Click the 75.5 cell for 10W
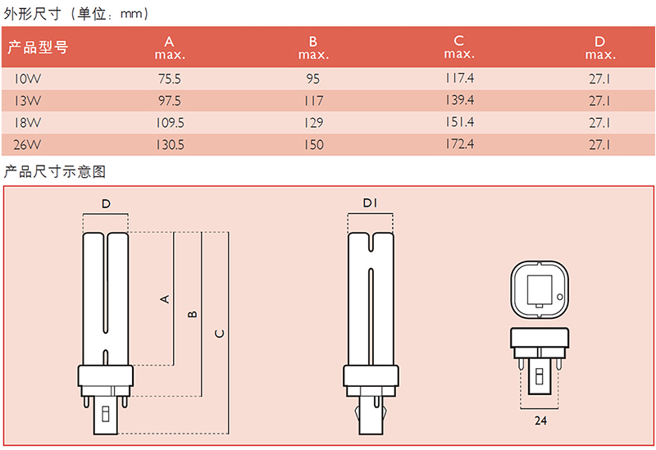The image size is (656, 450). [x=170, y=79]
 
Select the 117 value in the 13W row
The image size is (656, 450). [x=314, y=101]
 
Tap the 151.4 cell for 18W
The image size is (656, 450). [x=459, y=121]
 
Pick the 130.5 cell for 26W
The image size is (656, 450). [x=170, y=145]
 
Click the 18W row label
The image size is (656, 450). [x=28, y=122]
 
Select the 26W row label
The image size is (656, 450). [x=27, y=145]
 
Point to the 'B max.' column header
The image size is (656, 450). [x=313, y=48]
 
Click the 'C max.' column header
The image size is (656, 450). [x=459, y=48]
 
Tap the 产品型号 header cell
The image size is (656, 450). [x=38, y=48]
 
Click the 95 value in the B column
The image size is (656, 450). [x=313, y=79]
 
